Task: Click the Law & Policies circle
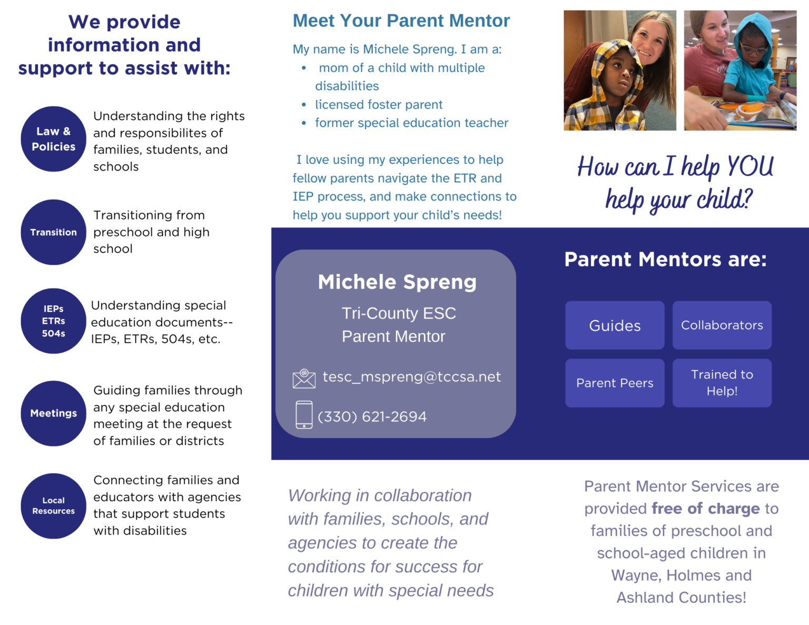tap(53, 139)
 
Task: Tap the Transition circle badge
tap(53, 232)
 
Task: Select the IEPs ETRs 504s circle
tap(53, 321)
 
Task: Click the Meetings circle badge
tap(53, 413)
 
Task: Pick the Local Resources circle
tap(53, 506)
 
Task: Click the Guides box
tap(615, 325)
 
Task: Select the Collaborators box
tap(722, 325)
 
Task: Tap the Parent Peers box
tap(615, 383)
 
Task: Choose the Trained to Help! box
tap(722, 383)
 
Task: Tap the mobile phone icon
tap(304, 415)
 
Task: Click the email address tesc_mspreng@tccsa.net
tap(411, 377)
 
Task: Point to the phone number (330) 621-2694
tap(372, 416)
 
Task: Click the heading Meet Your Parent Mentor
tap(401, 21)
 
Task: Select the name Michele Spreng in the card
tap(397, 282)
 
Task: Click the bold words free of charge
tap(705, 509)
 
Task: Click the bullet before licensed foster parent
tap(304, 105)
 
